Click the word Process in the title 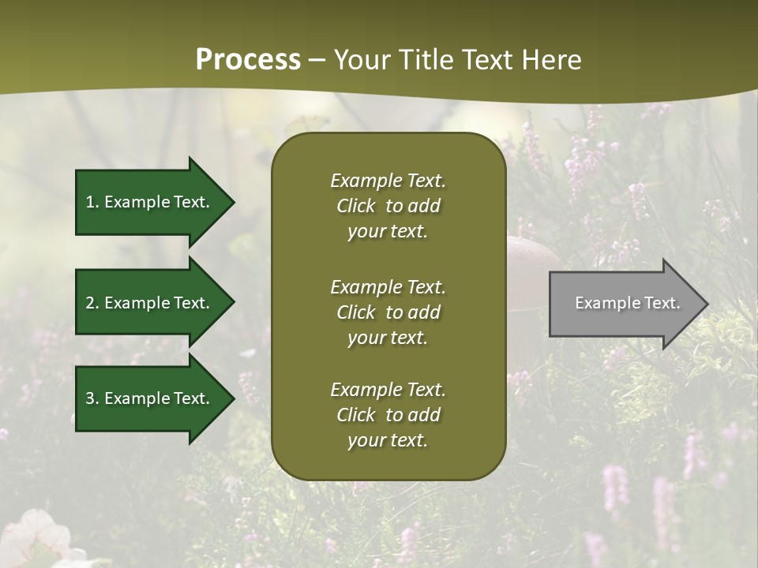point(248,60)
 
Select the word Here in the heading point(551,60)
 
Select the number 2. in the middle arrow point(92,303)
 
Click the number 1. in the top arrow point(92,202)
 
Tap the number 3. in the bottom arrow point(92,398)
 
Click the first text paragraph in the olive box point(388,206)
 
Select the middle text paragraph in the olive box point(388,312)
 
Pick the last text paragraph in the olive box point(388,415)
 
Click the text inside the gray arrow point(627,303)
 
